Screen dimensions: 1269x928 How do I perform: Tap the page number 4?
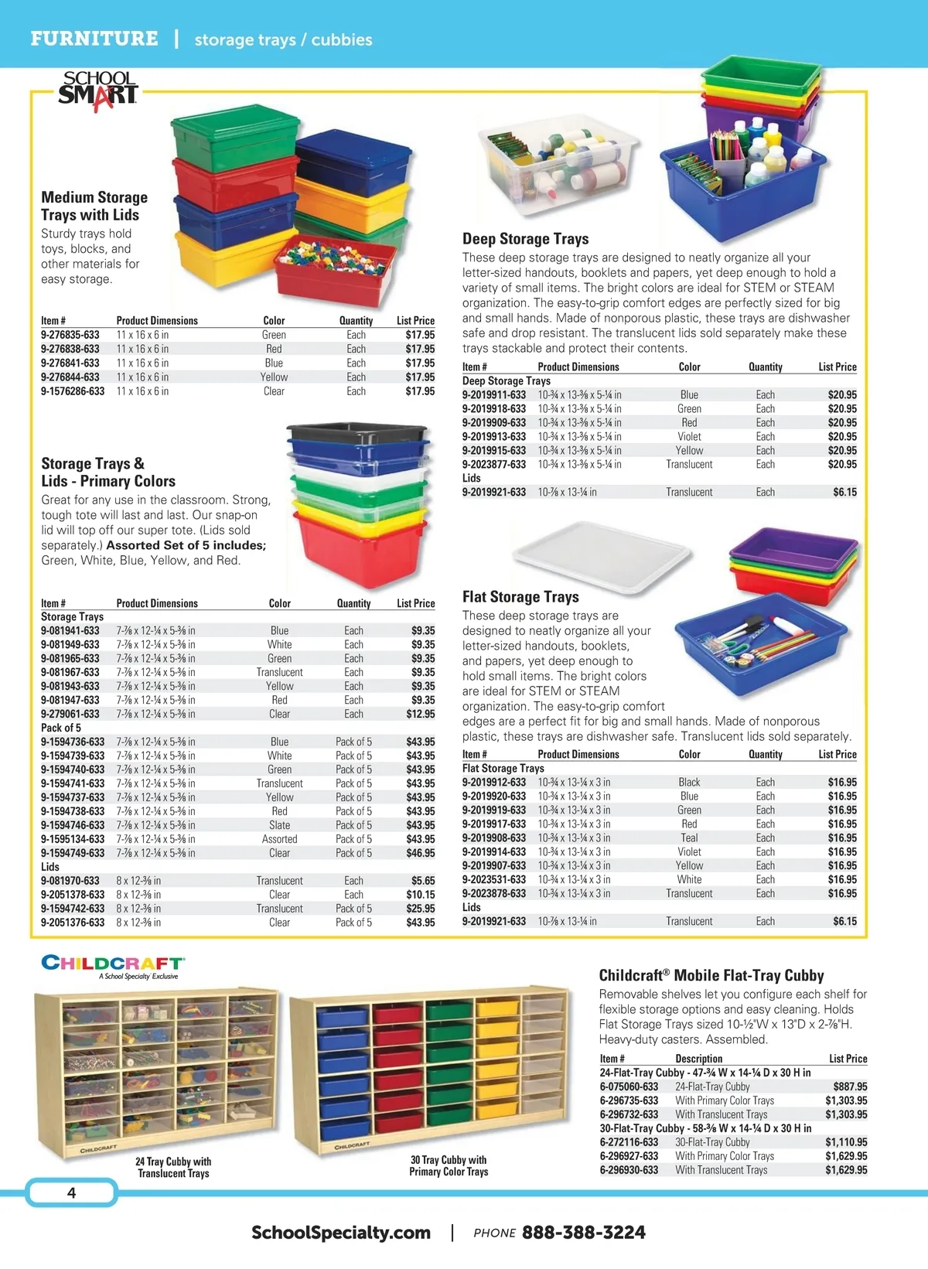click(71, 1192)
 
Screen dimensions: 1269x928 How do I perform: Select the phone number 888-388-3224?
click(583, 1233)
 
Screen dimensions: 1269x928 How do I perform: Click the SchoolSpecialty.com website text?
click(341, 1233)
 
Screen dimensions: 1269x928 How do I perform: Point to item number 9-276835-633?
click(70, 335)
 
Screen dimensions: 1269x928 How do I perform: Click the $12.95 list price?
click(421, 714)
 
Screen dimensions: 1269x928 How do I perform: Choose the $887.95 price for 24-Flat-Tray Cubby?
click(850, 1086)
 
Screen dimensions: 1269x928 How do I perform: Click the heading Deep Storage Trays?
click(525, 239)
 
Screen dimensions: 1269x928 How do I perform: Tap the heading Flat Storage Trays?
click(520, 597)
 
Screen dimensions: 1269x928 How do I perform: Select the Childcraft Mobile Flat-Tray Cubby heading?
click(711, 976)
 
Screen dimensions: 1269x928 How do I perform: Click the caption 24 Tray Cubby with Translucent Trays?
click(173, 1167)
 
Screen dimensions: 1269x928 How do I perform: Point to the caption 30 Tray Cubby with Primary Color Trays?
click(449, 1165)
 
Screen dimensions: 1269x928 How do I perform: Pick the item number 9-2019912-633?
click(493, 783)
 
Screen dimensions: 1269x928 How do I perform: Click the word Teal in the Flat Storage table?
click(689, 838)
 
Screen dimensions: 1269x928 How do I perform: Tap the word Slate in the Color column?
click(279, 825)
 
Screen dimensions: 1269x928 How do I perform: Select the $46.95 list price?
click(421, 853)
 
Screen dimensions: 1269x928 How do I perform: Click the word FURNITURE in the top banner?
click(94, 39)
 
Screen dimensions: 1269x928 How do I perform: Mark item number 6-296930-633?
click(629, 1170)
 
